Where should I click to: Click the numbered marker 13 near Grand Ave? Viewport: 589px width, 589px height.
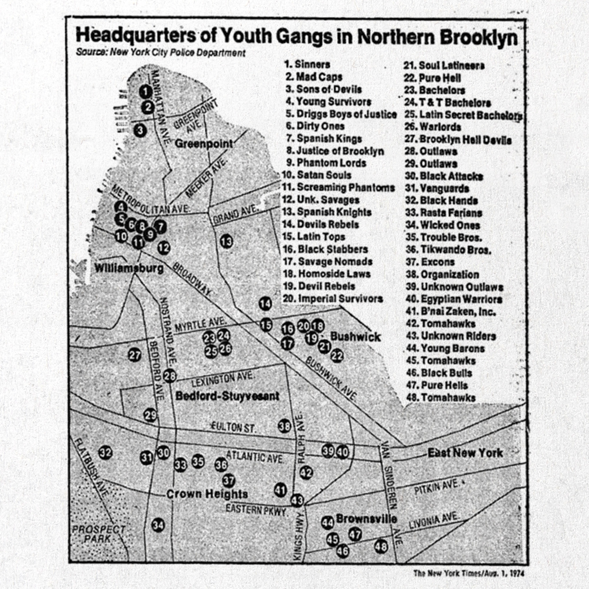point(226,240)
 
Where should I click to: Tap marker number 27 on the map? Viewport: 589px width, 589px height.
point(135,355)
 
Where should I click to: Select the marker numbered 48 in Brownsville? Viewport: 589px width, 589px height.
point(381,547)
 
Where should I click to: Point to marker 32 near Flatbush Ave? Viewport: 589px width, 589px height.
point(105,452)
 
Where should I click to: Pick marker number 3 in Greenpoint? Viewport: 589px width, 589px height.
point(140,130)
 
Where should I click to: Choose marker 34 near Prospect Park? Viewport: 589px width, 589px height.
point(158,524)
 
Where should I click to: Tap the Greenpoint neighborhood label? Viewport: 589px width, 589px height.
point(203,144)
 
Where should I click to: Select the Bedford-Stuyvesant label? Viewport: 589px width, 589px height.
point(227,396)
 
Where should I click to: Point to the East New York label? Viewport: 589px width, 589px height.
point(465,452)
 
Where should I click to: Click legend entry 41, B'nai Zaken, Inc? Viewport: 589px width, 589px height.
point(449,312)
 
